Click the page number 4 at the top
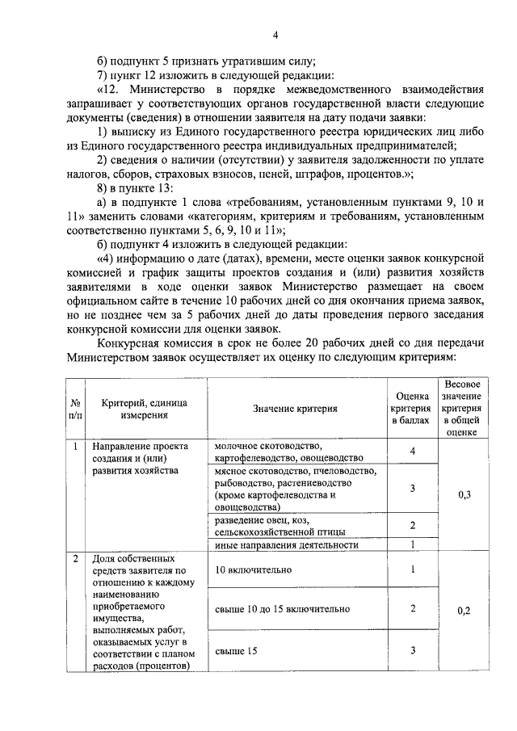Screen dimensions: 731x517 pyautogui.click(x=275, y=35)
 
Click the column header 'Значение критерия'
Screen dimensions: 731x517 pyautogui.click(x=295, y=409)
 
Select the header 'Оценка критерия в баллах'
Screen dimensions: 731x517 pyautogui.click(x=412, y=409)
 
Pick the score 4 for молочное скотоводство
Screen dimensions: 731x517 pyautogui.click(x=412, y=452)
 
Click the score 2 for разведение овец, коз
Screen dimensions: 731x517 pyautogui.click(x=412, y=526)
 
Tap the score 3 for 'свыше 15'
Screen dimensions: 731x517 pyautogui.click(x=412, y=650)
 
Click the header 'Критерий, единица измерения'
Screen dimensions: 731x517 pyautogui.click(x=145, y=409)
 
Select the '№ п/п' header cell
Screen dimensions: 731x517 pyautogui.click(x=74, y=409)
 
